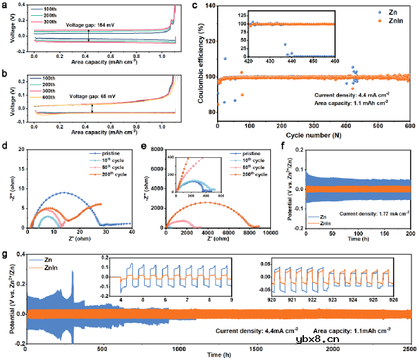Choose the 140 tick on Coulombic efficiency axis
click(210, 9)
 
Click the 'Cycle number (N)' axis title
click(314, 133)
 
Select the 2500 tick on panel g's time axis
click(410, 348)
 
